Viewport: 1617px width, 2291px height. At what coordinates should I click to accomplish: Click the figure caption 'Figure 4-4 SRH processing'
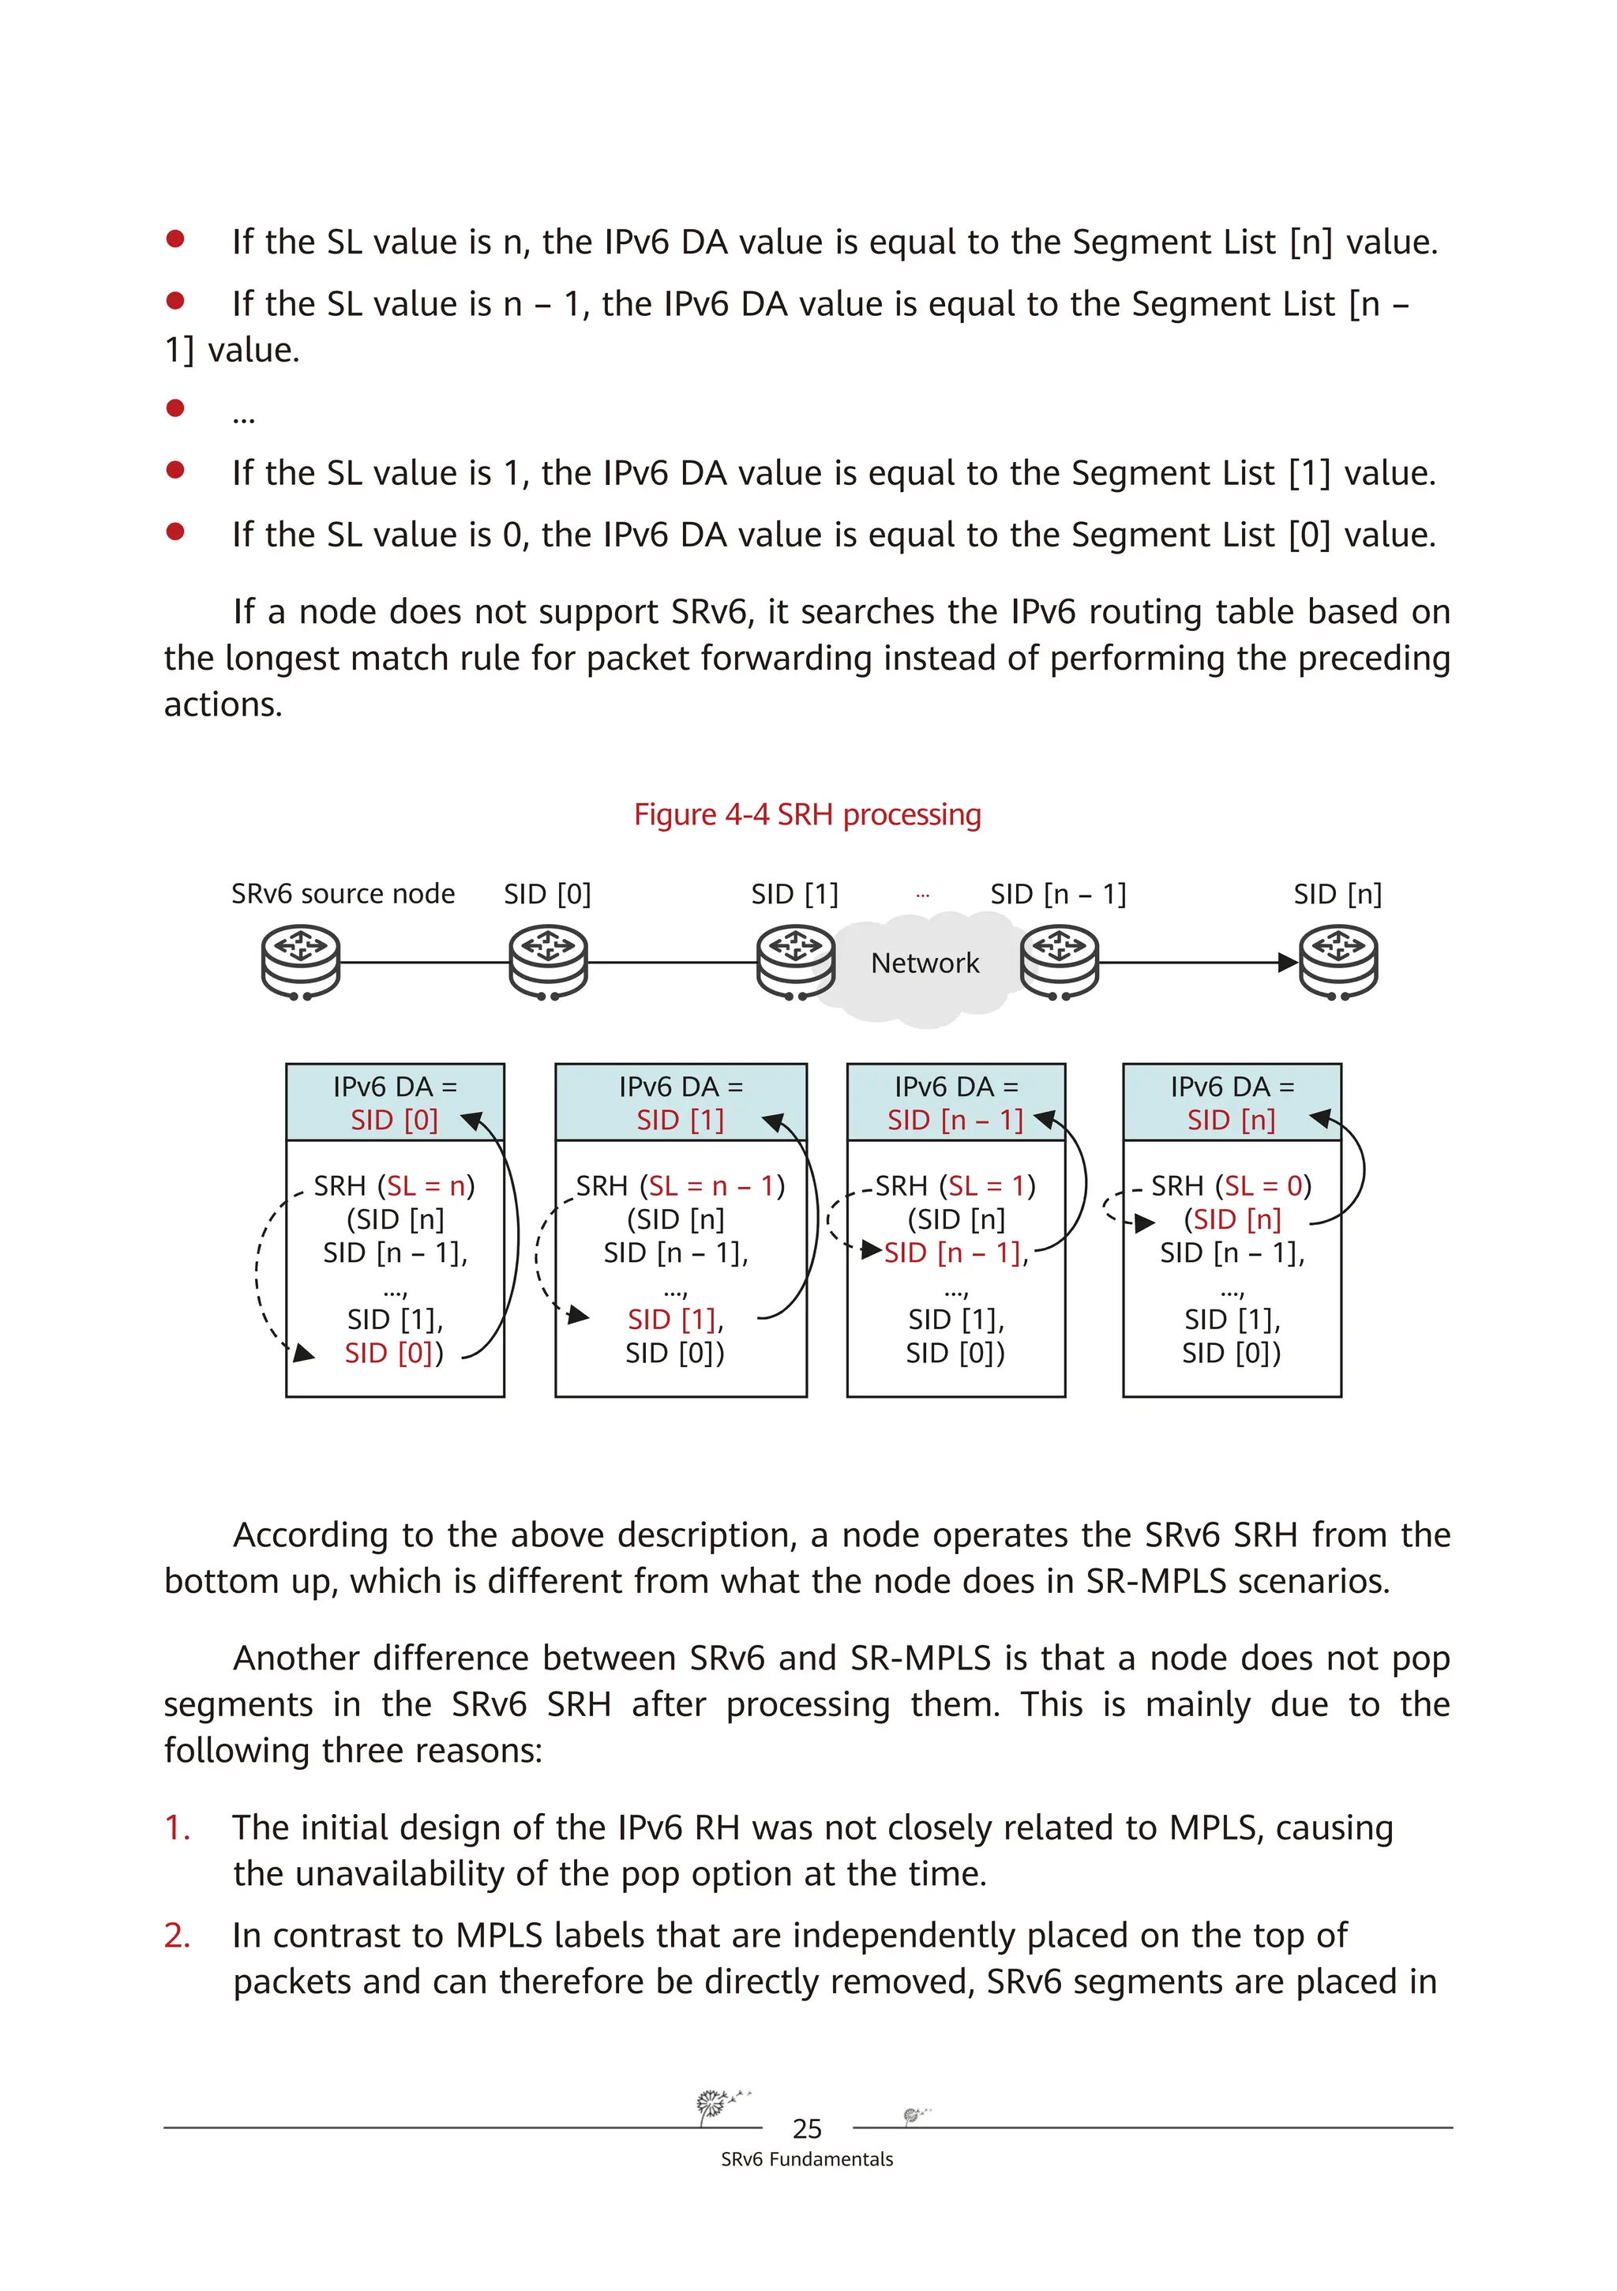807,814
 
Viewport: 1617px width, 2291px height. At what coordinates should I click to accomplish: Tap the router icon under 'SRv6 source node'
300,962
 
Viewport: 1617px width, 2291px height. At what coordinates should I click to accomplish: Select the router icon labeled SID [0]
548,962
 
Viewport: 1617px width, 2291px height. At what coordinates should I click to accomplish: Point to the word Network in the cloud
924,963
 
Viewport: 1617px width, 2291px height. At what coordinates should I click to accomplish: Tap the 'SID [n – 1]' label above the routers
1057,893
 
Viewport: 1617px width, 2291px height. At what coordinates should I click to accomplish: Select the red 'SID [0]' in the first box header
394,1120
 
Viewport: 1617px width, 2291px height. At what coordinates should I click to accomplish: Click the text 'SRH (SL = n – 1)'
681,1185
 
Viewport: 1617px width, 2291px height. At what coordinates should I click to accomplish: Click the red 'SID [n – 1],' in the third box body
955,1253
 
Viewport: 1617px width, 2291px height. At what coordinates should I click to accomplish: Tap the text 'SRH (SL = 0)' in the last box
1231,1185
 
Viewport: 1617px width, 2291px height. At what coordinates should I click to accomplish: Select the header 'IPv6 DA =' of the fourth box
1232,1086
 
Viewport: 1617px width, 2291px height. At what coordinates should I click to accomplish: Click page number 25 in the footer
807,2129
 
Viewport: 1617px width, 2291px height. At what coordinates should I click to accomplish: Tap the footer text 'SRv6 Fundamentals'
807,2159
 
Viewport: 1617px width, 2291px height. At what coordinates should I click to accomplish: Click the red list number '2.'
178,1935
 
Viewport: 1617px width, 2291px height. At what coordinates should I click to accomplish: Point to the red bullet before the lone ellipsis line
175,407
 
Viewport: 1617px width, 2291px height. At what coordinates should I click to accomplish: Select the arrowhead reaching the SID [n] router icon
1288,963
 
